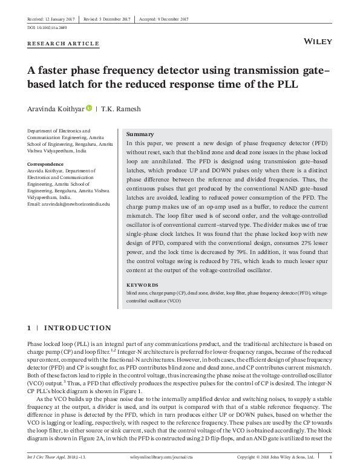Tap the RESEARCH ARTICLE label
64,44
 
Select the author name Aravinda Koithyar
56,109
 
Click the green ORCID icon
89,108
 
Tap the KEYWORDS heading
142,284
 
